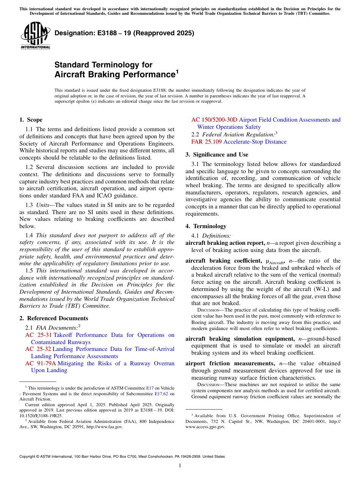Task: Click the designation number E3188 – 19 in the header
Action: (x=124, y=33)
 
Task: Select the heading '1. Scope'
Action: (x=31, y=120)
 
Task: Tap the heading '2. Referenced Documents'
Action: (x=53, y=318)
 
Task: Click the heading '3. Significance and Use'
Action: (x=217, y=155)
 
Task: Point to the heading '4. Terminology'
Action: (x=206, y=226)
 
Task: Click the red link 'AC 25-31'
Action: (x=38, y=335)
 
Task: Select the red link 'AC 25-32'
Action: (x=38, y=349)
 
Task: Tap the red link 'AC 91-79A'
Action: (x=41, y=363)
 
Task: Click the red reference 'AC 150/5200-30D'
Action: (x=214, y=120)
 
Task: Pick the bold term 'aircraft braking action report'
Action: (x=225, y=243)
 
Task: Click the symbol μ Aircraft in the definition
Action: (x=277, y=261)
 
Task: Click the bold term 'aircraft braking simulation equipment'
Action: (x=239, y=339)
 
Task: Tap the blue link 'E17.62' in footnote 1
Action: (x=161, y=393)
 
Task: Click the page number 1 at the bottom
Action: (x=180, y=466)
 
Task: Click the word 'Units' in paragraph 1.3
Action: (x=42, y=205)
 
